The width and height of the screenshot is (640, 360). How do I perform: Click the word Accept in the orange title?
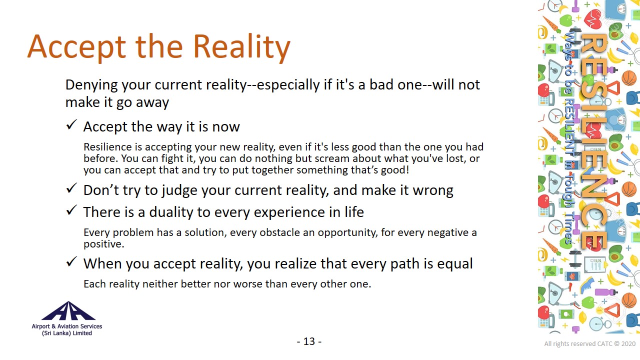point(76,48)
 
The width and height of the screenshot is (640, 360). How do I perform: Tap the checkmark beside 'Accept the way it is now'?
point(71,125)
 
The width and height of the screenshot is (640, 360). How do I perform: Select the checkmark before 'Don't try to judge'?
point(71,188)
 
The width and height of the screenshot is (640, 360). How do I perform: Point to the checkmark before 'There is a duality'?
point(71,210)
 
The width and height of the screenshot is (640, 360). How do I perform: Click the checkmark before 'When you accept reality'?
point(71,261)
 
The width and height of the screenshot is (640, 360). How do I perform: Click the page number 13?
point(309,341)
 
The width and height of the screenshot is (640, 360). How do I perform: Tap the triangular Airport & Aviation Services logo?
point(68,311)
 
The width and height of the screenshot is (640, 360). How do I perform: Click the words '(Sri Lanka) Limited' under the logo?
point(67,333)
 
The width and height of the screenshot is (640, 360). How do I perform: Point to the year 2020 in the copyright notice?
point(628,343)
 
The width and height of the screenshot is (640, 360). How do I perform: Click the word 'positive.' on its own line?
point(104,244)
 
